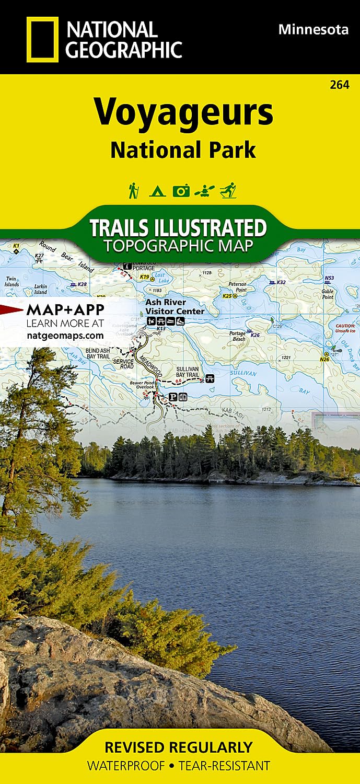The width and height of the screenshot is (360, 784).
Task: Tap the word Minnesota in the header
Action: coord(313,30)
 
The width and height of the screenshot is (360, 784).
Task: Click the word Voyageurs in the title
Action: coord(183,111)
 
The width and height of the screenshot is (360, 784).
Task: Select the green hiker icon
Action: coord(134,190)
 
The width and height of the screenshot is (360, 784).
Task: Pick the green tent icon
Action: coord(157,191)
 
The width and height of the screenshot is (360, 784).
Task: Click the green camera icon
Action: coord(181,191)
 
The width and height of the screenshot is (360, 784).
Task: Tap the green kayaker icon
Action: coord(204,191)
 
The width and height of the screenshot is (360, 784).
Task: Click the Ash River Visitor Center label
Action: coord(175,307)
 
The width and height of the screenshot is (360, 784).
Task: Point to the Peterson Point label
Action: coord(237,287)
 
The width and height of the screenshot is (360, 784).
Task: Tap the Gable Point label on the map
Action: coord(328,294)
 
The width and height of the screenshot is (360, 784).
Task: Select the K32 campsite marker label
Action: coord(281,282)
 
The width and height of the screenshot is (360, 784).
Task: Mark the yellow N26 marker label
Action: coord(324,359)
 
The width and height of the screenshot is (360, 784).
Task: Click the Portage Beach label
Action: coord(239,336)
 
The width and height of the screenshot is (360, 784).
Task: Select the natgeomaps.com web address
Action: coord(65,335)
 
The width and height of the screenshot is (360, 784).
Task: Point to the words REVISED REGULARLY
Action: coord(178,747)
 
